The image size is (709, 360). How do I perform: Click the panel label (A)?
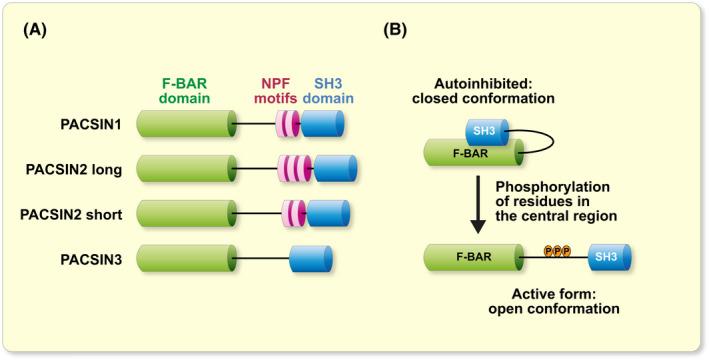[x=37, y=30]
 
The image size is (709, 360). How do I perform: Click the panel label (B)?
[x=396, y=30]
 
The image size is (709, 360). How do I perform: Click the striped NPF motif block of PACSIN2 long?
[x=294, y=169]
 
